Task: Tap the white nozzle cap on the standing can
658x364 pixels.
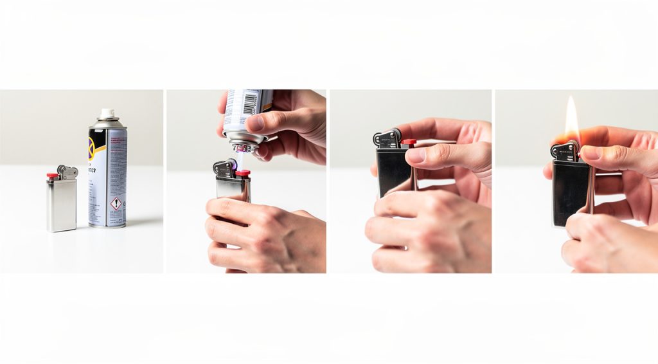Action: [107, 113]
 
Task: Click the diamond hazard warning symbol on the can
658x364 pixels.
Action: [116, 204]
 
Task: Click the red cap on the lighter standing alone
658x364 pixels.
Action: [51, 175]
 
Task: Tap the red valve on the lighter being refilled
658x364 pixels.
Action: [242, 173]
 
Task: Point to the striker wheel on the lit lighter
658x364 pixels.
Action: [571, 147]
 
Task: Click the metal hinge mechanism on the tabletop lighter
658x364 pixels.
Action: [67, 171]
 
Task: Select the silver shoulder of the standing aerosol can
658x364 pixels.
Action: [107, 123]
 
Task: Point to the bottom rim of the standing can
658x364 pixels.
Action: [107, 225]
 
